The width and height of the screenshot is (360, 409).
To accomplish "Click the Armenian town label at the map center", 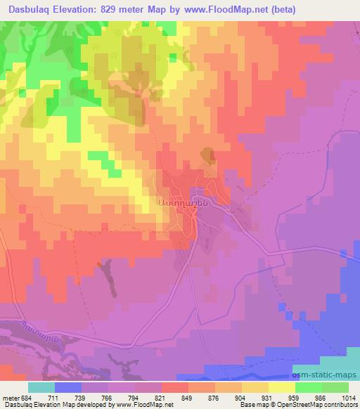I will [181, 201].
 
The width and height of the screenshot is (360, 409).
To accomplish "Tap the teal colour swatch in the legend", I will [41, 388].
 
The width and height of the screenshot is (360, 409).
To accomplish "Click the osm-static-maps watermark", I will [324, 375].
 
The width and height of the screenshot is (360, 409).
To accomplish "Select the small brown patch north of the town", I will [207, 154].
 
